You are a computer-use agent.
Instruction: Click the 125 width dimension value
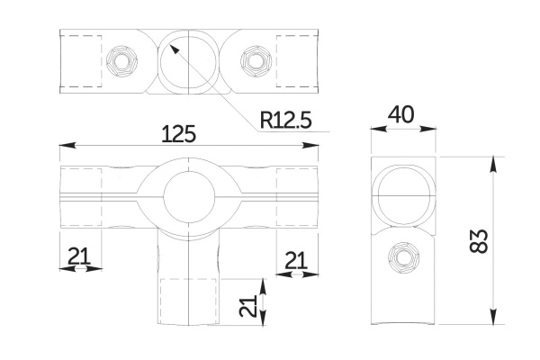pyautogui.click(x=178, y=134)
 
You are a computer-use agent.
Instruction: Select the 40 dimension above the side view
pyautogui.click(x=401, y=115)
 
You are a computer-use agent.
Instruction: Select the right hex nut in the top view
pyautogui.click(x=254, y=62)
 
